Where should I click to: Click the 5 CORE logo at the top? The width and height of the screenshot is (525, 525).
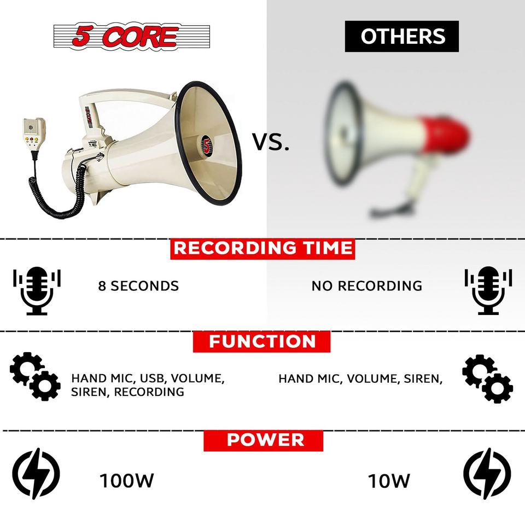[132, 36]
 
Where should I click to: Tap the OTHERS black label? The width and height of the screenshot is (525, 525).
[401, 36]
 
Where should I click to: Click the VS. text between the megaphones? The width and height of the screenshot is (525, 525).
[271, 142]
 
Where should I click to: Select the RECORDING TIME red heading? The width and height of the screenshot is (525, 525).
[262, 248]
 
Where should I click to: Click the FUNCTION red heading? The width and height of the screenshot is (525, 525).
[261, 341]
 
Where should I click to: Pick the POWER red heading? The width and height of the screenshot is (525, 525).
[263, 440]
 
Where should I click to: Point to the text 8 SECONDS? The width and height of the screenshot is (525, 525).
[138, 286]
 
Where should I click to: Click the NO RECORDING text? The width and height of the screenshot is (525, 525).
[366, 286]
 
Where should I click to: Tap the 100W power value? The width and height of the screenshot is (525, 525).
[126, 481]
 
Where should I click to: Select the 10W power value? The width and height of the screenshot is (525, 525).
[389, 481]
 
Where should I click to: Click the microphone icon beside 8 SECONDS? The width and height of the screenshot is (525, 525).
[37, 290]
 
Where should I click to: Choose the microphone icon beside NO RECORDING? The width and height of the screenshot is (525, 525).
[488, 290]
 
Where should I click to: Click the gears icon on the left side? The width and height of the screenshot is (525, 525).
[35, 376]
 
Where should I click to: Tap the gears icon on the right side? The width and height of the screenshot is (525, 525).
[487, 378]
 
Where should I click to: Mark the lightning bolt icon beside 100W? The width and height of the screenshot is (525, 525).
[36, 474]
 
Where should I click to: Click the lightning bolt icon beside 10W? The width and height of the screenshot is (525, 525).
[487, 474]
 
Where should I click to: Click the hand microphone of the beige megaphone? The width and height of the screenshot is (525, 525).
[34, 135]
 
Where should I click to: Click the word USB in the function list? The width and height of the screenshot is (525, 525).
[153, 378]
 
